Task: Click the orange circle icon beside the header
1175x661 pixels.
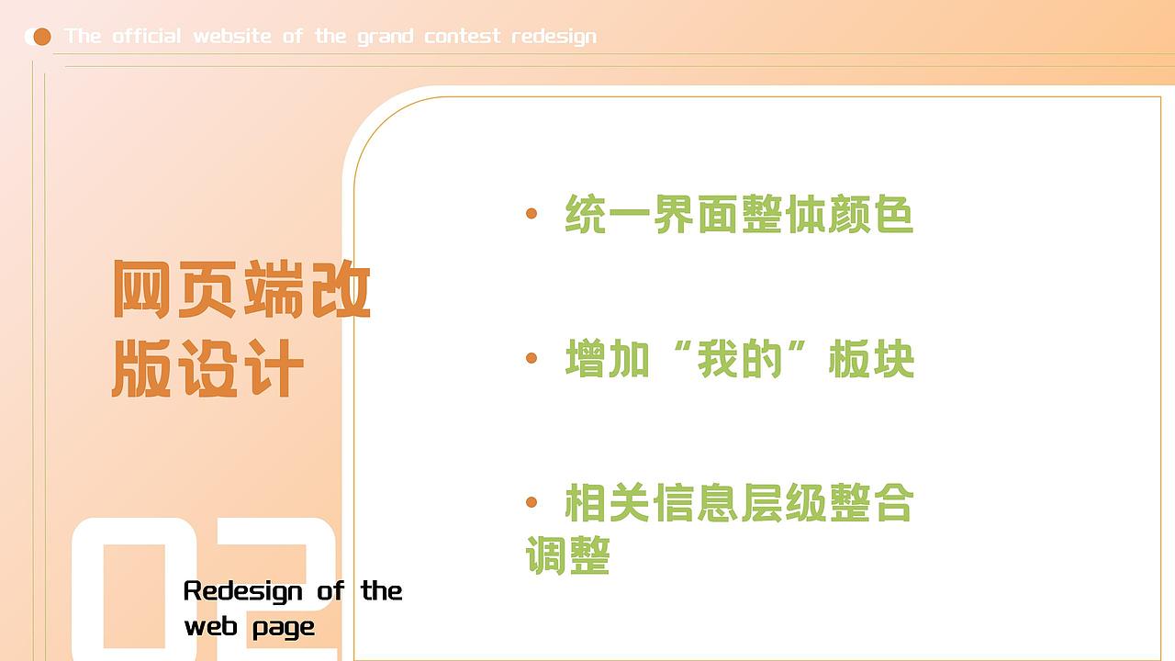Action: (42, 37)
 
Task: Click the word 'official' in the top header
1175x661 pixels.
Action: (146, 36)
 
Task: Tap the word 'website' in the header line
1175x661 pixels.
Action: (232, 36)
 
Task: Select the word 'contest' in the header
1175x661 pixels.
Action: (462, 36)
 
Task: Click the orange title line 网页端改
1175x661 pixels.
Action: (241, 289)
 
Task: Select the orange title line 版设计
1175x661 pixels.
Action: (207, 368)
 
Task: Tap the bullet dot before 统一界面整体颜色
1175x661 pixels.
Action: (532, 213)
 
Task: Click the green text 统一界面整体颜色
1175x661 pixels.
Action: (739, 214)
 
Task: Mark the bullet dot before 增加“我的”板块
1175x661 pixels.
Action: (532, 358)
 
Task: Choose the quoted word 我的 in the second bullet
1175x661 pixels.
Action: (740, 358)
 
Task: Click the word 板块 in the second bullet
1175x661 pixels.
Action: (871, 358)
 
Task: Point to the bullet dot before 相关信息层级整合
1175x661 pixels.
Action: (532, 502)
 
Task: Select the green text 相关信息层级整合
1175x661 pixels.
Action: (739, 502)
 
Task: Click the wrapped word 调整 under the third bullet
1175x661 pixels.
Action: (567, 555)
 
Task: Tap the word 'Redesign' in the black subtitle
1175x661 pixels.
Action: (243, 591)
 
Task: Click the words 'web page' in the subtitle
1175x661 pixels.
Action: (250, 627)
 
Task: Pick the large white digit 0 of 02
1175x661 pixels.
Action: (134, 589)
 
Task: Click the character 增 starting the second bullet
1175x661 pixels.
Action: (586, 358)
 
